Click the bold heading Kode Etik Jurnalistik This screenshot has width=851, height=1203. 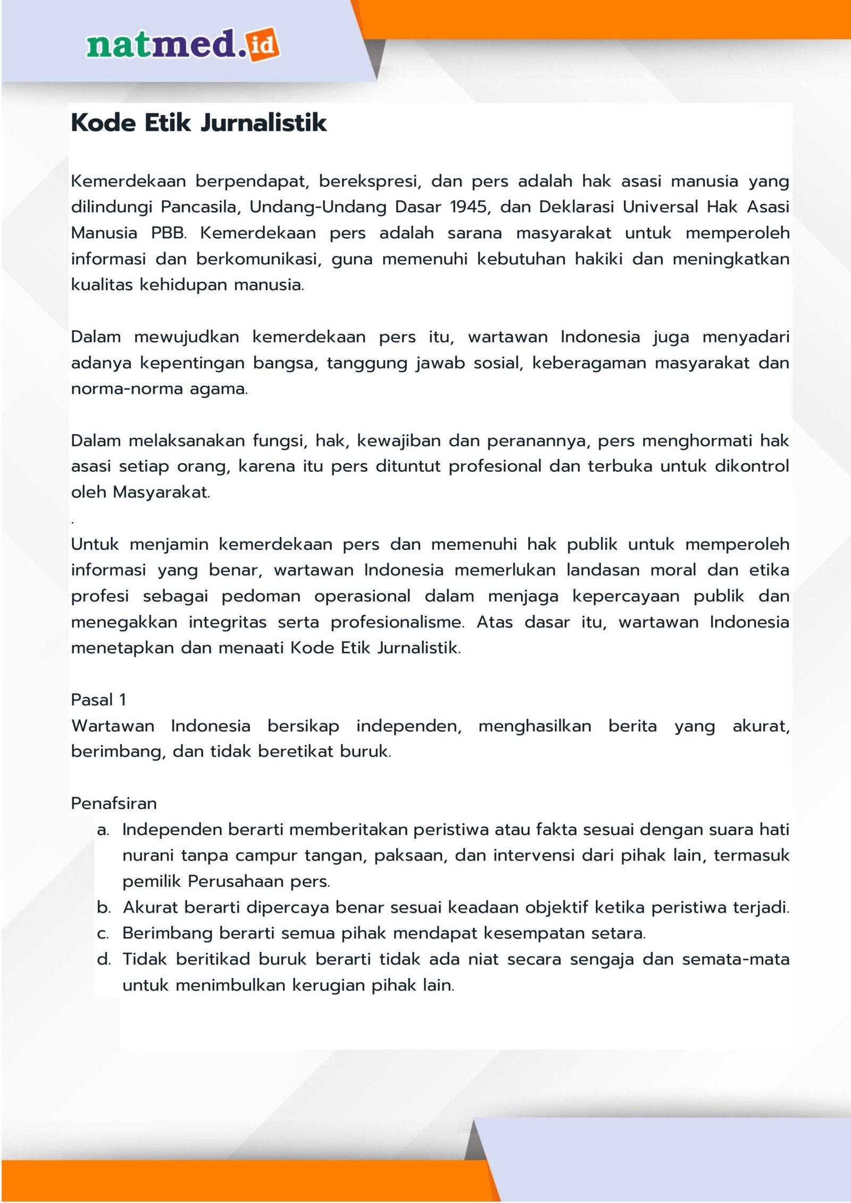point(199,123)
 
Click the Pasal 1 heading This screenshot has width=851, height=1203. point(98,700)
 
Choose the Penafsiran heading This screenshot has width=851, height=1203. point(114,803)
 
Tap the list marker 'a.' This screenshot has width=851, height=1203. point(103,830)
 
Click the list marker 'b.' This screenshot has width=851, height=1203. point(104,907)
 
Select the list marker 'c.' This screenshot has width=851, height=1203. point(103,933)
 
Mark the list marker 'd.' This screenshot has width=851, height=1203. point(104,959)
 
